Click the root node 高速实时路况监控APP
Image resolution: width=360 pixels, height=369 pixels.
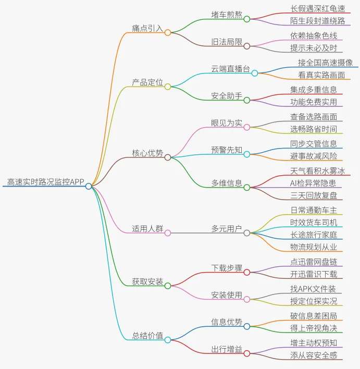pyautogui.click(x=46, y=182)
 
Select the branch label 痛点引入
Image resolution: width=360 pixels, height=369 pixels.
pyautogui.click(x=147, y=28)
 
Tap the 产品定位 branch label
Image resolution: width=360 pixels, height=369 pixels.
pyautogui.click(x=147, y=82)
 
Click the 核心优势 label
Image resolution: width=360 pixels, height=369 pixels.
pyautogui.click(x=147, y=153)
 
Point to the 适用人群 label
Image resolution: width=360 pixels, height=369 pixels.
pyautogui.click(x=147, y=229)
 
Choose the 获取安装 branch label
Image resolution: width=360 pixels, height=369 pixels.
pyautogui.click(x=147, y=281)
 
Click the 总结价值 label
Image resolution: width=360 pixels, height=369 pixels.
pyautogui.click(x=147, y=335)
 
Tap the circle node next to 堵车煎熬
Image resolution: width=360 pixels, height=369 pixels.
pyautogui.click(x=247, y=19)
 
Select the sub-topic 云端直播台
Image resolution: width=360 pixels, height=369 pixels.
pyautogui.click(x=230, y=69)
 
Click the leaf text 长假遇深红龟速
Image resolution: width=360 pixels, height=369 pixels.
pyautogui.click(x=317, y=9)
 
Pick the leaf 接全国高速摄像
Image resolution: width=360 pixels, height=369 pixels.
pyautogui.click(x=325, y=63)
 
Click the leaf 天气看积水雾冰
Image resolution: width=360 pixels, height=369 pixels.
pyautogui.click(x=317, y=171)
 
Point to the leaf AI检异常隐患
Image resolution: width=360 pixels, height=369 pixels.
pyautogui.click(x=313, y=183)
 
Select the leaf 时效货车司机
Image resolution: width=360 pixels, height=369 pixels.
pyautogui.click(x=314, y=223)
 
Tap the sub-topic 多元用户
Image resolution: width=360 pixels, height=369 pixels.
pyautogui.click(x=227, y=229)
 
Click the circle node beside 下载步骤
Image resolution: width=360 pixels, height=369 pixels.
pyautogui.click(x=247, y=272)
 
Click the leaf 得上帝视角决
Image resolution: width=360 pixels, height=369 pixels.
pyautogui.click(x=314, y=328)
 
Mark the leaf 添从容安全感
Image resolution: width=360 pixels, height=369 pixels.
pyautogui.click(x=314, y=355)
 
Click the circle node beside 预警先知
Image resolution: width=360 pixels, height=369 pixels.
pyautogui.click(x=247, y=154)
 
